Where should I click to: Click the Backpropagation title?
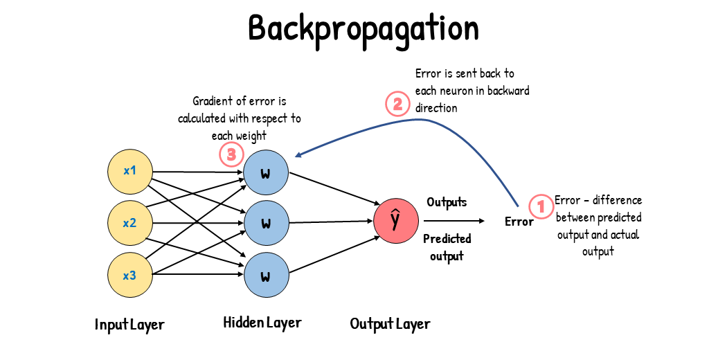(363, 29)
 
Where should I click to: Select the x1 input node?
(129, 171)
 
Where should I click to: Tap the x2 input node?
(129, 223)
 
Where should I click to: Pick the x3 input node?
(129, 276)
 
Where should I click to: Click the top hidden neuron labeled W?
(265, 171)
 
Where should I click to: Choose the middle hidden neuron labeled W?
(265, 223)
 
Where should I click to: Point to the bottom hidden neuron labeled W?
(265, 276)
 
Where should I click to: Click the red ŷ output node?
(395, 221)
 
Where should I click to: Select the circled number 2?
(397, 105)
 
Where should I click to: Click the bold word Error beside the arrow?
(519, 222)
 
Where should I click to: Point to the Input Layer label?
(129, 324)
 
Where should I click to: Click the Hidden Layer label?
(262, 323)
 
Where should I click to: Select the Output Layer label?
(390, 324)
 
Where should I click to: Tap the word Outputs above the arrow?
(447, 202)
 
